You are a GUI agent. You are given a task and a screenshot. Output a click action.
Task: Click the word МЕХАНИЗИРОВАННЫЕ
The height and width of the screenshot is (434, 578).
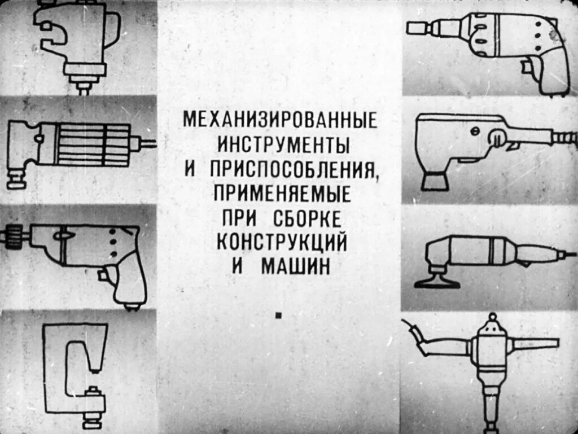coord(280,120)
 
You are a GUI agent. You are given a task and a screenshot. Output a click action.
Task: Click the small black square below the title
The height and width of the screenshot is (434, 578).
coord(278,316)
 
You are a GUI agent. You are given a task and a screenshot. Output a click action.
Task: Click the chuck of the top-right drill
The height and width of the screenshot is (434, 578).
coord(418,27)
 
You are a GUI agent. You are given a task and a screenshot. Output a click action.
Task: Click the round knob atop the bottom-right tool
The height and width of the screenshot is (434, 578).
coord(492,319)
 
